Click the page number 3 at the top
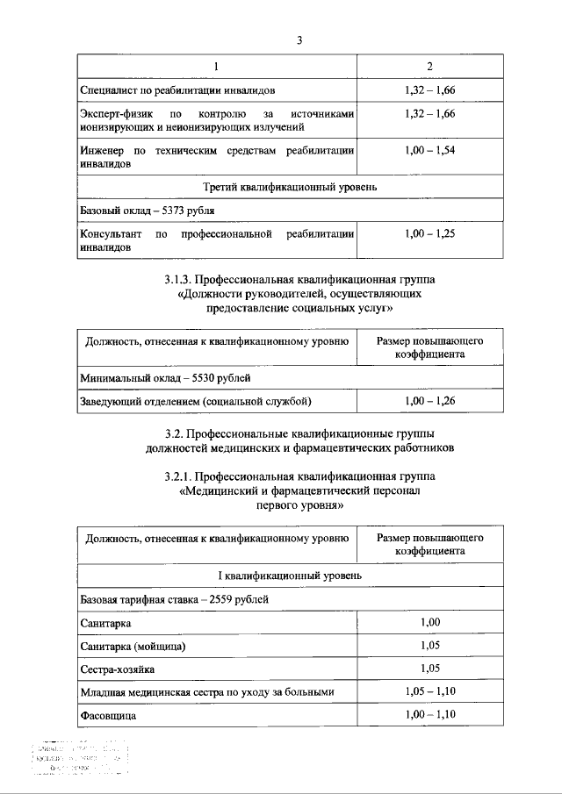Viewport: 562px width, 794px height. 299,40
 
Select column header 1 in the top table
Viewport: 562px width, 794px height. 217,68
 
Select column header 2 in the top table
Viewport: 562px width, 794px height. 429,68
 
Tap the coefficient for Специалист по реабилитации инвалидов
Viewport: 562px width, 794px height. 429,90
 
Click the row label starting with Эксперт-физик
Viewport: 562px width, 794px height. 217,121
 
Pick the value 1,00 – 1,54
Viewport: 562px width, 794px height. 429,151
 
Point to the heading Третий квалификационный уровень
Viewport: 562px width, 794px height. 291,188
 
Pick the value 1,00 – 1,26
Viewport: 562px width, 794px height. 429,401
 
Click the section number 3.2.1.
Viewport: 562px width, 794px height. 180,476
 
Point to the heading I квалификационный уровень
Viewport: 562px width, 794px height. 291,575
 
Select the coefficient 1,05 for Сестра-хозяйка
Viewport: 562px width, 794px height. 429,669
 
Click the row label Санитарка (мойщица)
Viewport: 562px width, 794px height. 133,646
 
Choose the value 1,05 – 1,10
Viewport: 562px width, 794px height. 429,692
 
